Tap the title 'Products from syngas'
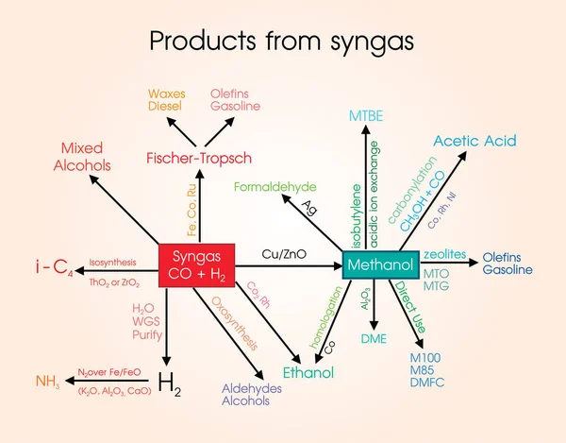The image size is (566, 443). pyautogui.click(x=282, y=41)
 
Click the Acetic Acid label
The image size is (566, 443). pyautogui.click(x=474, y=141)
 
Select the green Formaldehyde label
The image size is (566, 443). pyautogui.click(x=275, y=187)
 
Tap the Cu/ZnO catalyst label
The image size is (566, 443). pyautogui.click(x=283, y=255)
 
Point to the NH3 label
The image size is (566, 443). pyautogui.click(x=47, y=382)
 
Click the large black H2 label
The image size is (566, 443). pyautogui.click(x=170, y=382)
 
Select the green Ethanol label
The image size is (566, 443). pyautogui.click(x=308, y=372)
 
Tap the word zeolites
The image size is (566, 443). pyautogui.click(x=443, y=255)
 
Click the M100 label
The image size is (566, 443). pyautogui.click(x=426, y=358)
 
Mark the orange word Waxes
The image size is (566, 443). pyautogui.click(x=166, y=94)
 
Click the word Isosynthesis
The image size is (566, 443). pyautogui.click(x=112, y=262)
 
